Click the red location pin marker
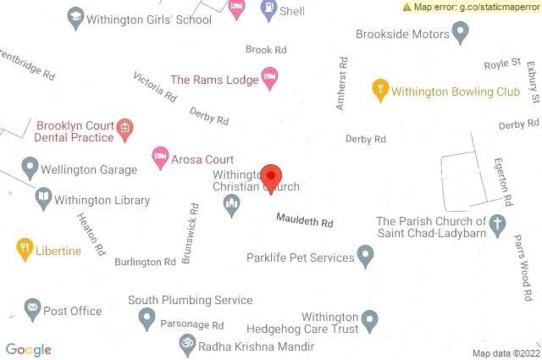(x=271, y=178)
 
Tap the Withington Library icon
(x=42, y=199)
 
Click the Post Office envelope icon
(x=32, y=310)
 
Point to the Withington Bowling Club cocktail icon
(x=381, y=88)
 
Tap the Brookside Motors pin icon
(x=461, y=33)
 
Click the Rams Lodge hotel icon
(x=269, y=78)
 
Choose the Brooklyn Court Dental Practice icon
(x=124, y=130)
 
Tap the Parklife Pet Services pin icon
(x=366, y=255)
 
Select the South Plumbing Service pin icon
(x=147, y=318)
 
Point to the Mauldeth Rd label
(x=305, y=221)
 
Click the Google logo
(x=29, y=350)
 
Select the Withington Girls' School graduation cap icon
(x=75, y=19)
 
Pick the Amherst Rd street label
(x=341, y=83)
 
